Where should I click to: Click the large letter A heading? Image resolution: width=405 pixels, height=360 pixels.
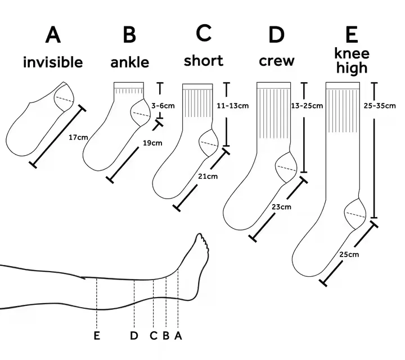(x=53, y=35)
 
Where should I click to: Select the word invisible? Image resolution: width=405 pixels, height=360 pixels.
(x=53, y=62)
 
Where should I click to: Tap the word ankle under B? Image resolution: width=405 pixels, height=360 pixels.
(x=130, y=62)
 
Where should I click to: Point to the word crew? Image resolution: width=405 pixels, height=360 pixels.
(x=277, y=61)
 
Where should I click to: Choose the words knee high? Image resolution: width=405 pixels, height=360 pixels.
(x=352, y=61)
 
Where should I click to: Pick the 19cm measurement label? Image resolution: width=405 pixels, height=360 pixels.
(x=152, y=143)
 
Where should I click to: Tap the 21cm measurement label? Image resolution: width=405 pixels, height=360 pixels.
(x=208, y=177)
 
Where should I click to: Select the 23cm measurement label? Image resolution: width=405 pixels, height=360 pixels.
(x=281, y=207)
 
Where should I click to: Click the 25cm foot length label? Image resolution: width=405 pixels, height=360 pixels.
(x=349, y=255)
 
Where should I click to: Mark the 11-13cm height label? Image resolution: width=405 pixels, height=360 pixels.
(x=232, y=105)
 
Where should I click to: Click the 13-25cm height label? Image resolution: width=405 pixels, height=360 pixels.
(x=307, y=105)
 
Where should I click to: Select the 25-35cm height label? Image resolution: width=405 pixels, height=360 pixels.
(x=382, y=105)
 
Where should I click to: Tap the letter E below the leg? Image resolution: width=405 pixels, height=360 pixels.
(x=97, y=336)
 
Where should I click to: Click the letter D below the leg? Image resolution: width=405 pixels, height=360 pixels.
(x=134, y=336)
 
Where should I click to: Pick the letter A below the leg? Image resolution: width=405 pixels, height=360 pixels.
(x=178, y=336)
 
